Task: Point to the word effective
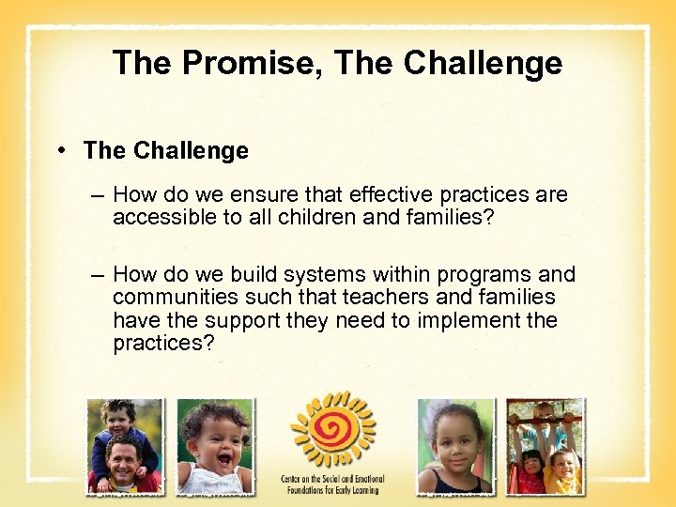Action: [x=395, y=195]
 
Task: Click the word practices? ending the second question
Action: [x=163, y=343]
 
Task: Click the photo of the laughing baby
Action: [x=215, y=446]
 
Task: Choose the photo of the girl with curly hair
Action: [x=455, y=446]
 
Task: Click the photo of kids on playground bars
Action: [x=545, y=446]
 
